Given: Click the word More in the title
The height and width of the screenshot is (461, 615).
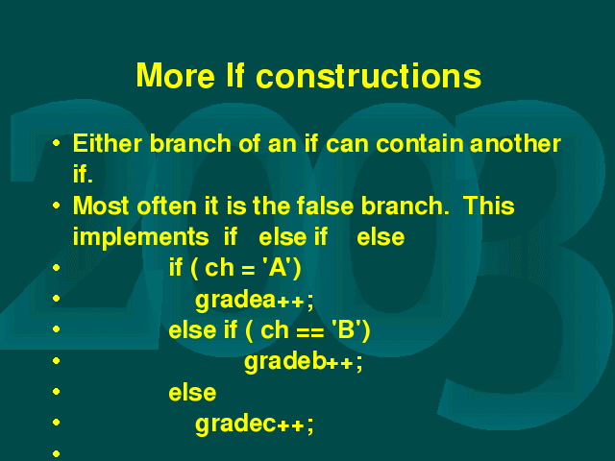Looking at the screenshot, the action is click(175, 75).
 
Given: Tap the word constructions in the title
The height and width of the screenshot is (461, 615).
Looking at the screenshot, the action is click(369, 75).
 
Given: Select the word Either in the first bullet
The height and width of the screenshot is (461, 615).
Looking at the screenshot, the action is click(107, 143).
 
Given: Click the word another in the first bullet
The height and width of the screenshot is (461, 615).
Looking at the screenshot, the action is click(515, 143).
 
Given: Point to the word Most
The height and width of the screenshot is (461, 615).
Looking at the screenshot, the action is click(101, 206).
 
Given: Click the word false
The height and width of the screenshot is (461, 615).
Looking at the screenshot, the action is click(325, 206).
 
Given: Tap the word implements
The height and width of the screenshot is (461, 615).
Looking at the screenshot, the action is click(141, 237).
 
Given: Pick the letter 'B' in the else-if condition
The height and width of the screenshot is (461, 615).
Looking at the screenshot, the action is click(346, 329).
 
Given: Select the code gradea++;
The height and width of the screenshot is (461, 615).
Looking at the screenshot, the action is click(255, 301).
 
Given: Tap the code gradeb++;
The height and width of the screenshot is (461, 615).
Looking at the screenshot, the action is click(304, 362).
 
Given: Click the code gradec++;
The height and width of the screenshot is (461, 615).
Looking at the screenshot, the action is click(255, 425).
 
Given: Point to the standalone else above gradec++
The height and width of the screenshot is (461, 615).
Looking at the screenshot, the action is click(192, 393).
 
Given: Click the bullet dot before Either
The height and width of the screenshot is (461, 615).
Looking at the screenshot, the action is click(56, 143).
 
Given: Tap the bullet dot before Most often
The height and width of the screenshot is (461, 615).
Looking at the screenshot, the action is click(56, 205).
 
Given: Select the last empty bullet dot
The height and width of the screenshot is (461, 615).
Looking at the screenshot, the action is click(56, 453).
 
